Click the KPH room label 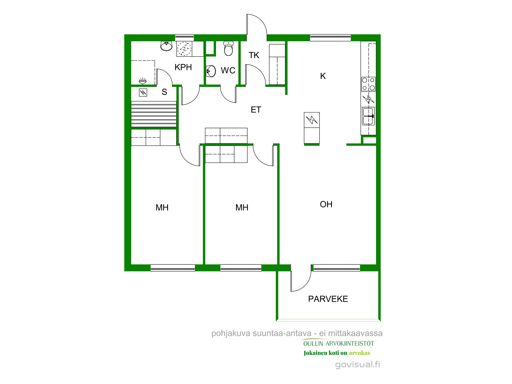183,67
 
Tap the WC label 228,70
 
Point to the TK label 254,55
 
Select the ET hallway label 256,110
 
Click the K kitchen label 323,76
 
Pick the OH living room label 326,204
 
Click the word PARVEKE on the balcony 328,299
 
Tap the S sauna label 164,92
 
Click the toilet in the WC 228,48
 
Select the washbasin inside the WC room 211,71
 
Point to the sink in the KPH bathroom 166,46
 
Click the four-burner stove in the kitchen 368,84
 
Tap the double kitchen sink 368,116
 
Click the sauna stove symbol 143,92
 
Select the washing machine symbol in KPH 184,49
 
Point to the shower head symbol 143,81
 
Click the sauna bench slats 154,114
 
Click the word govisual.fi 358,365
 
